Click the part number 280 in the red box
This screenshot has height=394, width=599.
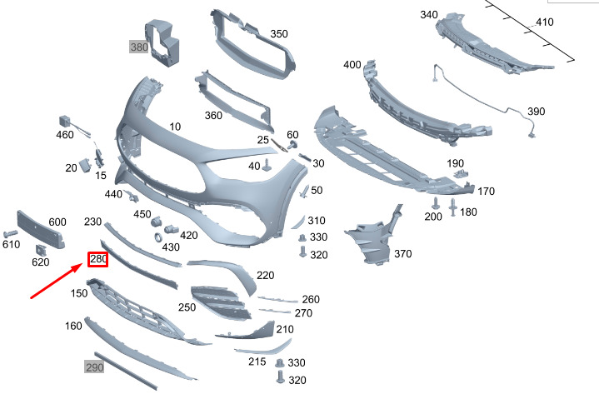click(x=97, y=260)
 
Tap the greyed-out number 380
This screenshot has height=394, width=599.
click(x=139, y=47)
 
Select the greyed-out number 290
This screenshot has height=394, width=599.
click(x=94, y=367)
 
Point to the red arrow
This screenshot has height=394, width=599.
click(x=56, y=281)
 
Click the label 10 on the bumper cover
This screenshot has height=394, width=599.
click(x=175, y=127)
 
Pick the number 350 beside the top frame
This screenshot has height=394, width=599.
click(x=279, y=34)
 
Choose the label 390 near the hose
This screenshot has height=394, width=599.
click(x=536, y=112)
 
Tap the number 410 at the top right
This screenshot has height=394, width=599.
click(x=544, y=22)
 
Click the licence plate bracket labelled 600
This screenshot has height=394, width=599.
click(x=40, y=230)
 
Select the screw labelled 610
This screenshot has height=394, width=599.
click(x=10, y=233)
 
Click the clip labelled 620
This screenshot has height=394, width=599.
click(x=41, y=250)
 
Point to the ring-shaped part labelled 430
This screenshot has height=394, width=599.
click(x=158, y=237)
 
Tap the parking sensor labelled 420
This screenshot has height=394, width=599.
click(x=171, y=229)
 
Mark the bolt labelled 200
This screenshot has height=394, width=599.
click(x=435, y=203)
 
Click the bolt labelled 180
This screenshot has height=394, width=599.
click(x=453, y=207)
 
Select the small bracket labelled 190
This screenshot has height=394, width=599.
click(x=461, y=174)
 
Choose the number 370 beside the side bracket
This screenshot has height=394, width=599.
click(x=402, y=254)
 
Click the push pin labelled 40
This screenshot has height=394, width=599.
click(x=267, y=165)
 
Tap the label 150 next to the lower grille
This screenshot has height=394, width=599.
click(x=79, y=293)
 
